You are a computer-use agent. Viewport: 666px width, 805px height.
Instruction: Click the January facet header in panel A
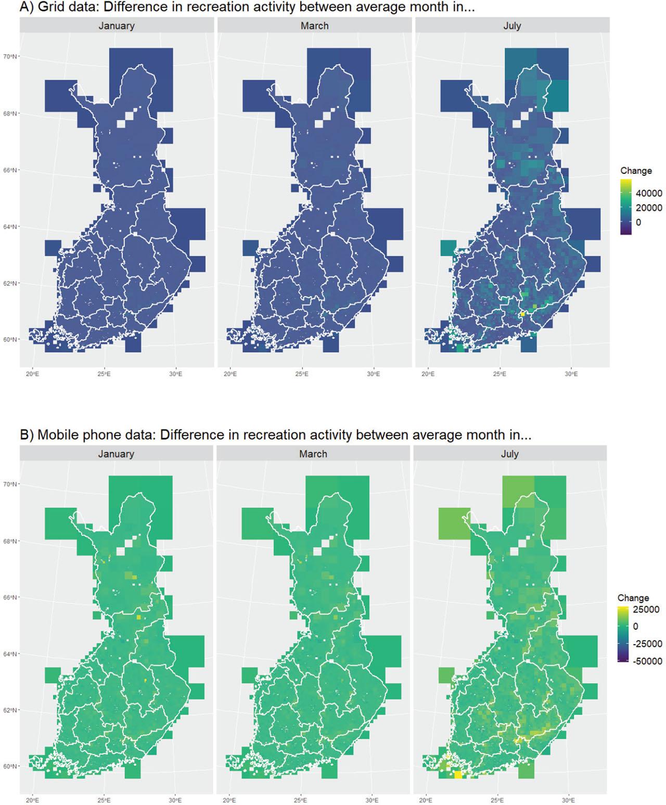(117, 25)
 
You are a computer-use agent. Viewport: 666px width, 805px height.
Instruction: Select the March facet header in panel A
(314, 25)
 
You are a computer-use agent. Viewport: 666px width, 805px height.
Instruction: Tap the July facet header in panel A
(512, 25)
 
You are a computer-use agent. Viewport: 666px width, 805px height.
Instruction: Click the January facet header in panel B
(116, 454)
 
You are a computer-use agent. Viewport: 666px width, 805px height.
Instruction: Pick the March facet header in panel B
(313, 454)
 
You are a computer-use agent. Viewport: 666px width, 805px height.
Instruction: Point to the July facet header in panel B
(510, 454)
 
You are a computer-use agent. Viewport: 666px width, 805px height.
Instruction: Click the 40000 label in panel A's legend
(649, 193)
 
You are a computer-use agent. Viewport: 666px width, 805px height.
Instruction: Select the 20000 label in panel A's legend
(649, 208)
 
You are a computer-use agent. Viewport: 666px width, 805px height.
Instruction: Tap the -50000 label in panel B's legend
(647, 661)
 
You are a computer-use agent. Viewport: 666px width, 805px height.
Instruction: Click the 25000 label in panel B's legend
(646, 609)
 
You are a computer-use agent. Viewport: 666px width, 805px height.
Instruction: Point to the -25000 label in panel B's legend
(647, 644)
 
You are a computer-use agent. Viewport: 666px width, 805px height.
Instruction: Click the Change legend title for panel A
(636, 171)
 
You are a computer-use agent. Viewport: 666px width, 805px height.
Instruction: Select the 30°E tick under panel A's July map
(571, 374)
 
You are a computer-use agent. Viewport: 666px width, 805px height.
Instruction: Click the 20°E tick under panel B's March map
(229, 800)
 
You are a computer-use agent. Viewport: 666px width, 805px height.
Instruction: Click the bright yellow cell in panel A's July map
(522, 314)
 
